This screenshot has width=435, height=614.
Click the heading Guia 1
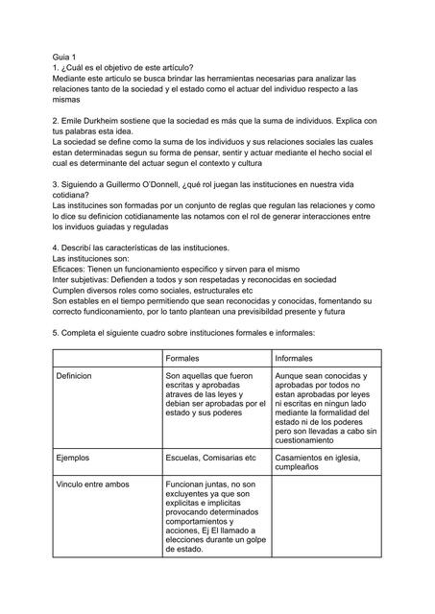pyautogui.click(x=64, y=57)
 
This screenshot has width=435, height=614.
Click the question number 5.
pyautogui.click(x=56, y=332)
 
